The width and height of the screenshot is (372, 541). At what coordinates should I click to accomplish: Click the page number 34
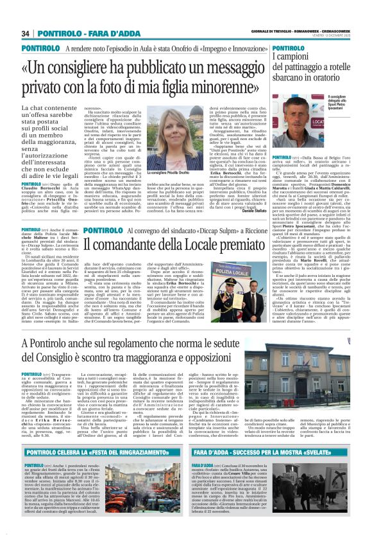(x=26, y=33)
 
